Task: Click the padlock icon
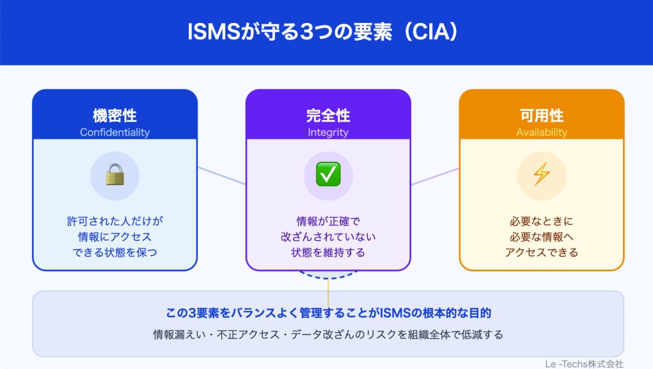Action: tap(115, 174)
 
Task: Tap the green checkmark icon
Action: tap(328, 174)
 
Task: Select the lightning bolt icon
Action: tap(541, 174)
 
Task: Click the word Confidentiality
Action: tap(115, 133)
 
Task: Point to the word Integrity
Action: tap(328, 133)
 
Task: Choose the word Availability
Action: tap(541, 133)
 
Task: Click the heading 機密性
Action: tap(115, 116)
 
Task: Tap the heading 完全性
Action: tap(328, 116)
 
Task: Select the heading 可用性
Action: tap(541, 116)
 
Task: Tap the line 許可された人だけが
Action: tap(115, 222)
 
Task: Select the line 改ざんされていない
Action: tap(328, 237)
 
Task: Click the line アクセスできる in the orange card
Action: tap(541, 252)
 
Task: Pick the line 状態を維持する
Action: tap(328, 252)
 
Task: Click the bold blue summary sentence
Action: tap(328, 314)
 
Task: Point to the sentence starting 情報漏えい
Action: tap(328, 334)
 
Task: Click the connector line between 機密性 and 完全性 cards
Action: tap(221, 176)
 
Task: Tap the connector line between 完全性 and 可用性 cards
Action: tap(435, 177)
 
